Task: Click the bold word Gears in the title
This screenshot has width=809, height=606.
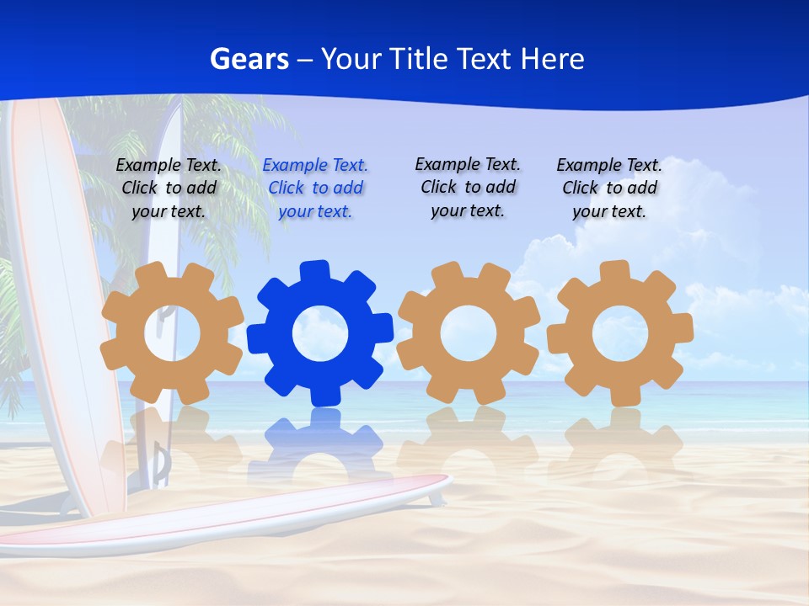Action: click(x=249, y=59)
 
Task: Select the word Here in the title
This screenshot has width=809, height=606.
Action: click(x=552, y=59)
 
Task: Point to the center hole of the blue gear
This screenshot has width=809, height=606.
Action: click(x=320, y=335)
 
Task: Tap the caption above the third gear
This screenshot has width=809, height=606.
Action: click(x=468, y=187)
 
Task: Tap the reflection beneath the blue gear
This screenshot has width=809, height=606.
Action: click(x=320, y=438)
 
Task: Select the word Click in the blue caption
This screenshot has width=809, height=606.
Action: click(x=287, y=188)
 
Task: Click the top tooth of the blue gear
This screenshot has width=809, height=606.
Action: click(x=315, y=271)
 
